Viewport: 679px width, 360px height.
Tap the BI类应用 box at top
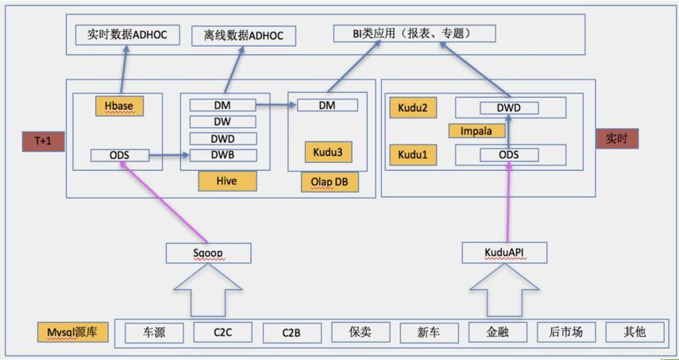[414, 33]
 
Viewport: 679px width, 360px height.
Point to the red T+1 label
[43, 141]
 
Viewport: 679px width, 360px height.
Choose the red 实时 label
[616, 137]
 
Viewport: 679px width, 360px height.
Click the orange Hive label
[227, 181]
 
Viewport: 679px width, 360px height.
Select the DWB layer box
[223, 154]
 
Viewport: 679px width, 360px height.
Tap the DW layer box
[223, 122]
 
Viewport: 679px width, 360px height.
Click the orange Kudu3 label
[327, 151]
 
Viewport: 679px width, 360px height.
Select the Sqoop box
[208, 253]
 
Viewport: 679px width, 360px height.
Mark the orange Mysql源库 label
[72, 331]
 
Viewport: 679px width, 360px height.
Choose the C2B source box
[291, 332]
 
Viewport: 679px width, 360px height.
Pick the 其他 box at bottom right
[635, 332]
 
